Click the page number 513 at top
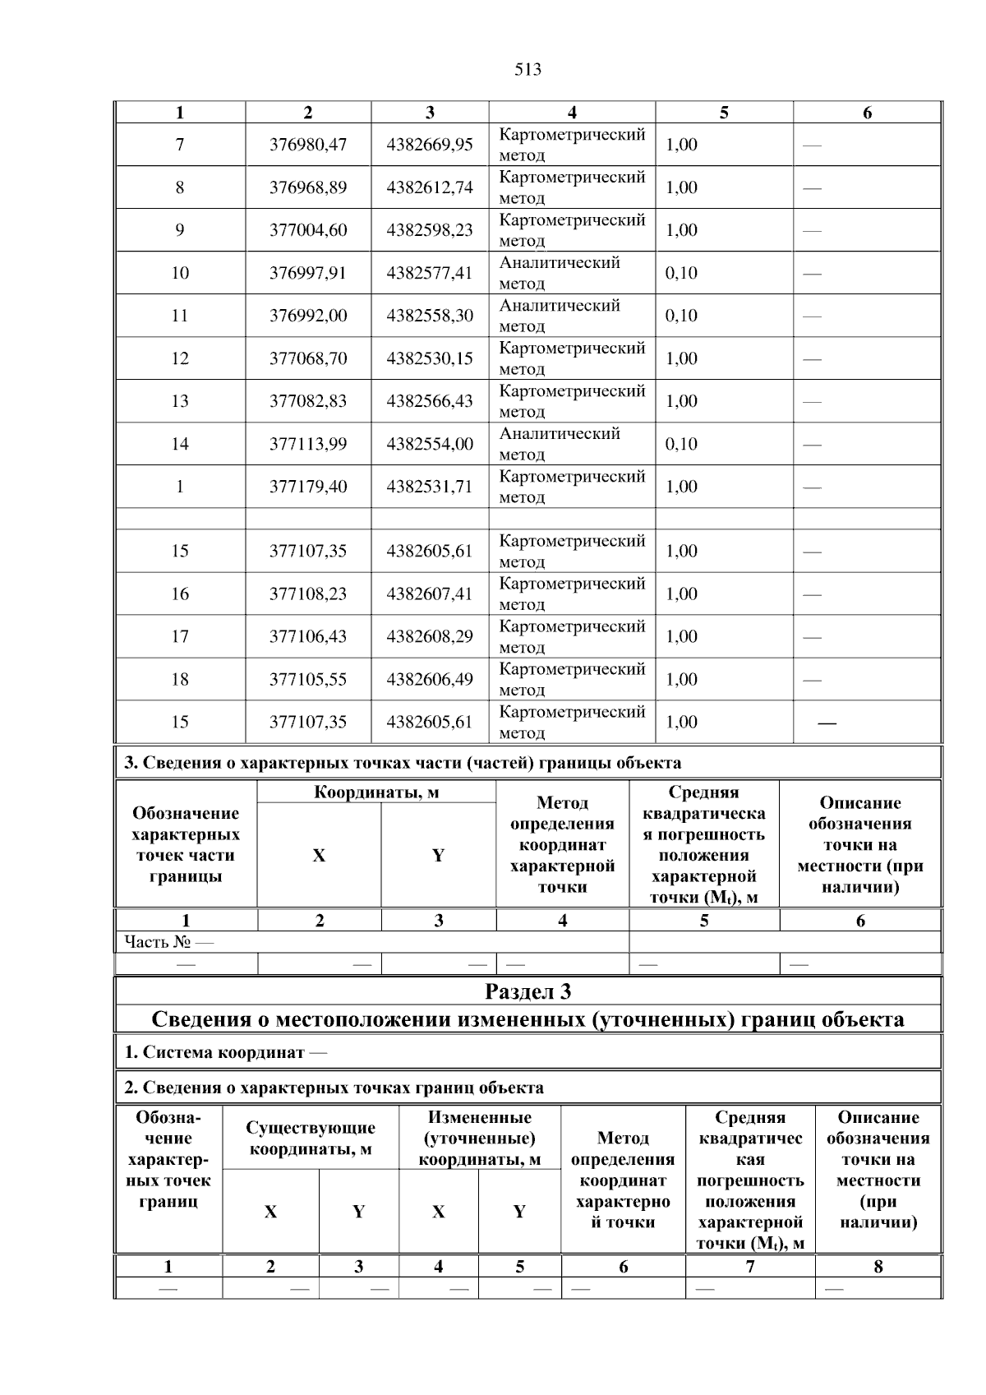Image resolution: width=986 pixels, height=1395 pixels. tap(528, 70)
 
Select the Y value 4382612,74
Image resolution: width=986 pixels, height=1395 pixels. tap(430, 187)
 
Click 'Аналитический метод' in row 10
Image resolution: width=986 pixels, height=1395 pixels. tap(560, 273)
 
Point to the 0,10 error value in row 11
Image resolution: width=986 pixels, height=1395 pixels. tap(681, 316)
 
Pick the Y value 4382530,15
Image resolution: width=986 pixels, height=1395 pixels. tap(430, 358)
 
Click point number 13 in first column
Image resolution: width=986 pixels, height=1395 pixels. tap(180, 401)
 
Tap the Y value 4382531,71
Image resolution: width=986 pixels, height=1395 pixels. tap(430, 487)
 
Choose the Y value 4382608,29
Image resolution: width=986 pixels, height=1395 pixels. tap(430, 636)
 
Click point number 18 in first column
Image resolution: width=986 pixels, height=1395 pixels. tap(180, 679)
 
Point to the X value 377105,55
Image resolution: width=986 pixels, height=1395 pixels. tap(308, 679)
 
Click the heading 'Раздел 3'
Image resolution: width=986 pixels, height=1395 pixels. tap(528, 991)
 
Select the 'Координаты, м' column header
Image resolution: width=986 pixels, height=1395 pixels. tap(376, 792)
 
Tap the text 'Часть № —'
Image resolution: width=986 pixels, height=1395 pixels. tap(168, 941)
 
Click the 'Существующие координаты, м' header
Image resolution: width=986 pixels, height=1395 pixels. tap(311, 1138)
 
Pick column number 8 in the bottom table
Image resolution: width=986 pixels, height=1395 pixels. tap(878, 1267)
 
